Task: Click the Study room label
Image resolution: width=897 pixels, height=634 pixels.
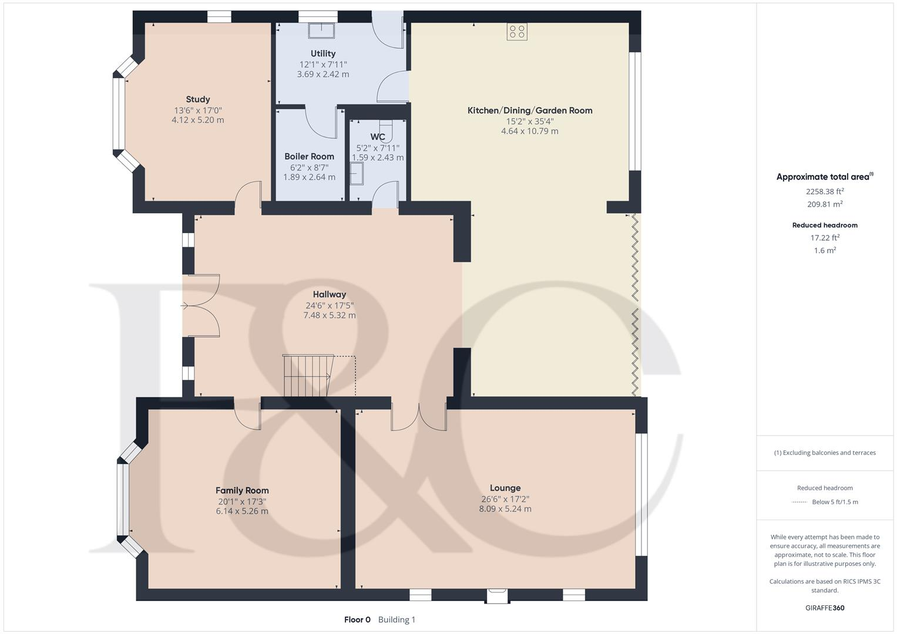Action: point(198,99)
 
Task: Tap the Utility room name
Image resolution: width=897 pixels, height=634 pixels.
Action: point(323,53)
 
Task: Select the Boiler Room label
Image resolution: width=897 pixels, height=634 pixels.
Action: point(309,156)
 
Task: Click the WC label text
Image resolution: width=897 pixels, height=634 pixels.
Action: point(378,137)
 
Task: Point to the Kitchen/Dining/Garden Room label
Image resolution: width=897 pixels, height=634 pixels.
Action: point(529,110)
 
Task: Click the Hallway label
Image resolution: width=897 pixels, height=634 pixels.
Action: point(329,294)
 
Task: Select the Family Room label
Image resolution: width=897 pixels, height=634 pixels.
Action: point(242,490)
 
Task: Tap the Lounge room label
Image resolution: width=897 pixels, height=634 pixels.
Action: point(505,488)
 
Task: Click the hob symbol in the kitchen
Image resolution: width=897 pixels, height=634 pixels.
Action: point(517,32)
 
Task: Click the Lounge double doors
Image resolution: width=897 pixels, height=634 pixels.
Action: point(419,418)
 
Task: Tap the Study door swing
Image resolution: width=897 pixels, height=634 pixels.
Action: point(248,196)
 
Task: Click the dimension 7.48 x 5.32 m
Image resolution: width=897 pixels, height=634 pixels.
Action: point(329,315)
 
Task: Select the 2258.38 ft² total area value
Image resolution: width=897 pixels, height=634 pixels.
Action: point(825,191)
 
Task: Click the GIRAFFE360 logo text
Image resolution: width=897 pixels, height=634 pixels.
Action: point(825,608)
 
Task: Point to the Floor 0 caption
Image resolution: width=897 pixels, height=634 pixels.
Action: point(357,619)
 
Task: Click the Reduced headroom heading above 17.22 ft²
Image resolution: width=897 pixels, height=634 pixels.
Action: point(825,225)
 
